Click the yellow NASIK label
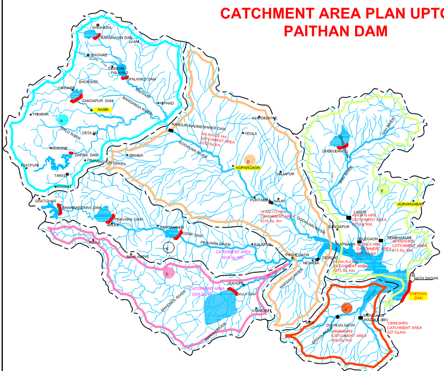(101, 110)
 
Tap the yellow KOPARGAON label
(247, 168)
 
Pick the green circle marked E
(384, 190)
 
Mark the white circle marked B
(169, 248)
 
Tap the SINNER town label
(136, 156)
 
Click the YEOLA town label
(251, 133)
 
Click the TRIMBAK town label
(41, 114)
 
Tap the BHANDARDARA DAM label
(82, 208)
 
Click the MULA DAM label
(248, 294)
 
